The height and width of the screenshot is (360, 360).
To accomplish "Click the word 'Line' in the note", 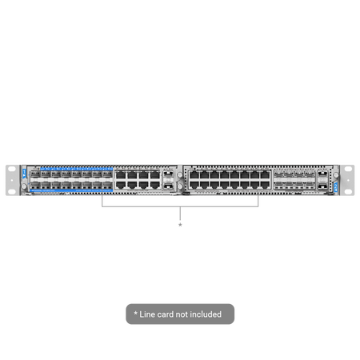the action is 147,314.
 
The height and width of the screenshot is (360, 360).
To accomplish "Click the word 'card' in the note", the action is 165,314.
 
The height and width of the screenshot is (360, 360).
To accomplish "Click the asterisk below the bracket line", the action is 180,225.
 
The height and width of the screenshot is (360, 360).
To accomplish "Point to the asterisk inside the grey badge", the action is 135,313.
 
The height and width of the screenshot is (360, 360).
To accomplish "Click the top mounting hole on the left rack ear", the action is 12,169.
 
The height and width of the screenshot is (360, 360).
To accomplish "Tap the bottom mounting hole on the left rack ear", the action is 12,191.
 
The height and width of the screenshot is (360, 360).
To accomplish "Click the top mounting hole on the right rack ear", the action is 348,169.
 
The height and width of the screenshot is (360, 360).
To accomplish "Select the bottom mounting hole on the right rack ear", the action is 348,191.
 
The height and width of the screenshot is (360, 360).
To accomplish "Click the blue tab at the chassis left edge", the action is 25,174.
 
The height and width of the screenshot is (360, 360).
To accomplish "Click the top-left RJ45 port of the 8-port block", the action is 121,175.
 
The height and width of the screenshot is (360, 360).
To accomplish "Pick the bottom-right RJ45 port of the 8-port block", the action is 154,185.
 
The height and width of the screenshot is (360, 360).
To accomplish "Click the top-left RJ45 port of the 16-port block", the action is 194,175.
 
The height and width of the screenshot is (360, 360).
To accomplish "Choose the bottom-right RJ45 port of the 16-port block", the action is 265,185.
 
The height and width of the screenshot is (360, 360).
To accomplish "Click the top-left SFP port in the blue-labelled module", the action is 35,174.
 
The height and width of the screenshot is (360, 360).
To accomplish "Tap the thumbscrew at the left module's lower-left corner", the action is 24,186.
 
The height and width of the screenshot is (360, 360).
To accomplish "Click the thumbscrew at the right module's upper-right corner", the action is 336,175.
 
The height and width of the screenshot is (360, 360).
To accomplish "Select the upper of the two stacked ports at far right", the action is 322,174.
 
